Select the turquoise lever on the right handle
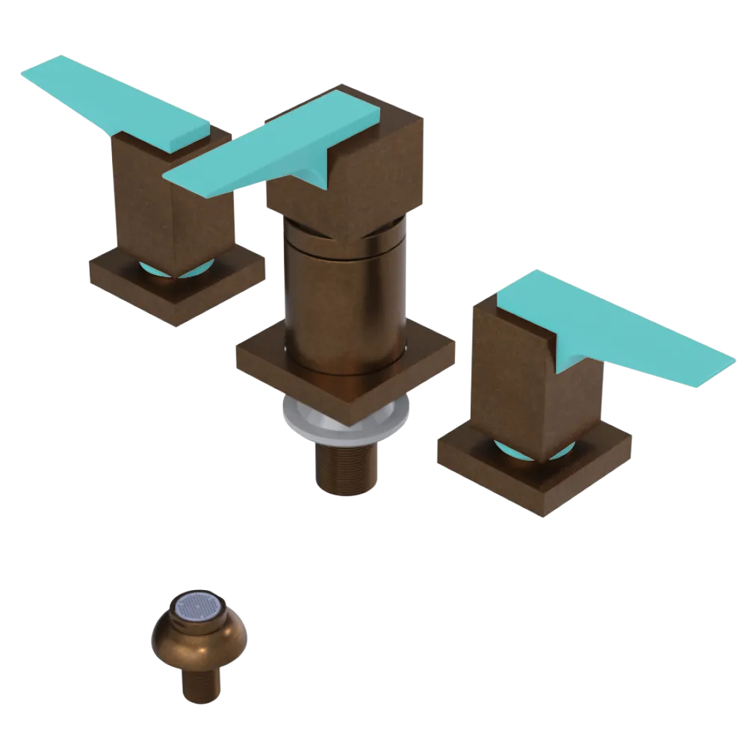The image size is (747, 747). pos(620,329)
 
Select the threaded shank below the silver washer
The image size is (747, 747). pos(344,467)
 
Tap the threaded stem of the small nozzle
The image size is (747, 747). pos(200,684)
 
